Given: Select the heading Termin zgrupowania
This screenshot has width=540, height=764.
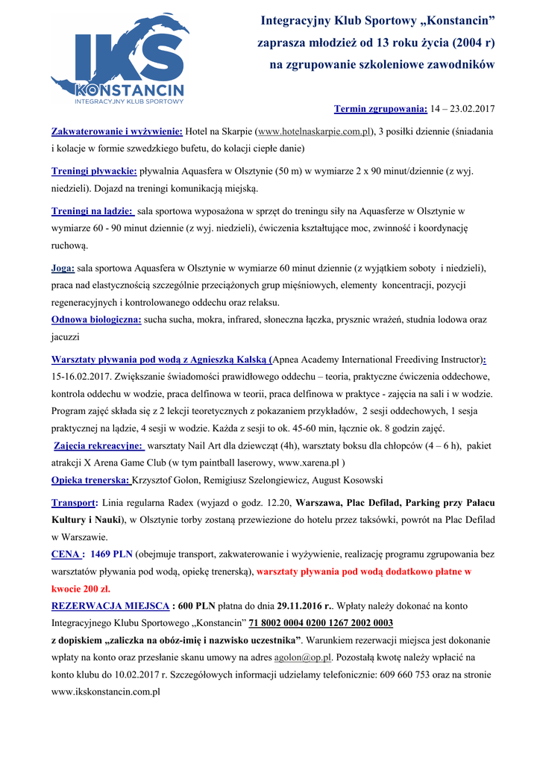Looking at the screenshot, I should pyautogui.click(x=380, y=109).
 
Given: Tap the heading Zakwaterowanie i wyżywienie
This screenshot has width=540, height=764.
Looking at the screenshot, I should pyautogui.click(x=117, y=131).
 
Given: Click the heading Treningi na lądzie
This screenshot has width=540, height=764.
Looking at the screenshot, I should pyautogui.click(x=92, y=211).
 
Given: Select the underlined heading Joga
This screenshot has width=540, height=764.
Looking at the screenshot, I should pyautogui.click(x=63, y=268).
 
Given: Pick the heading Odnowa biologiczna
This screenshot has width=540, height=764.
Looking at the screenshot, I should pyautogui.click(x=96, y=319).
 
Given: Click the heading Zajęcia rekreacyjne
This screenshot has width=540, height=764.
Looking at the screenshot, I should pyautogui.click(x=99, y=445).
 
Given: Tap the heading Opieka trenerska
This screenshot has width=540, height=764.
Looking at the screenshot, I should pyautogui.click(x=90, y=480).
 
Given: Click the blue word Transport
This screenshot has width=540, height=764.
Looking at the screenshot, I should pyautogui.click(x=74, y=503).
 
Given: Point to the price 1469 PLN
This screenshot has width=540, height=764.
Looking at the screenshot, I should pyautogui.click(x=111, y=554).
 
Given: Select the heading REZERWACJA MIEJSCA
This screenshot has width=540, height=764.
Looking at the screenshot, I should pyautogui.click(x=110, y=606).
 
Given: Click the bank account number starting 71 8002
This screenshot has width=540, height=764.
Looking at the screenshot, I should pyautogui.click(x=321, y=623).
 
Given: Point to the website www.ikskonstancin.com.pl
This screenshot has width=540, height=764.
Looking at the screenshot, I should pyautogui.click(x=106, y=692).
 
